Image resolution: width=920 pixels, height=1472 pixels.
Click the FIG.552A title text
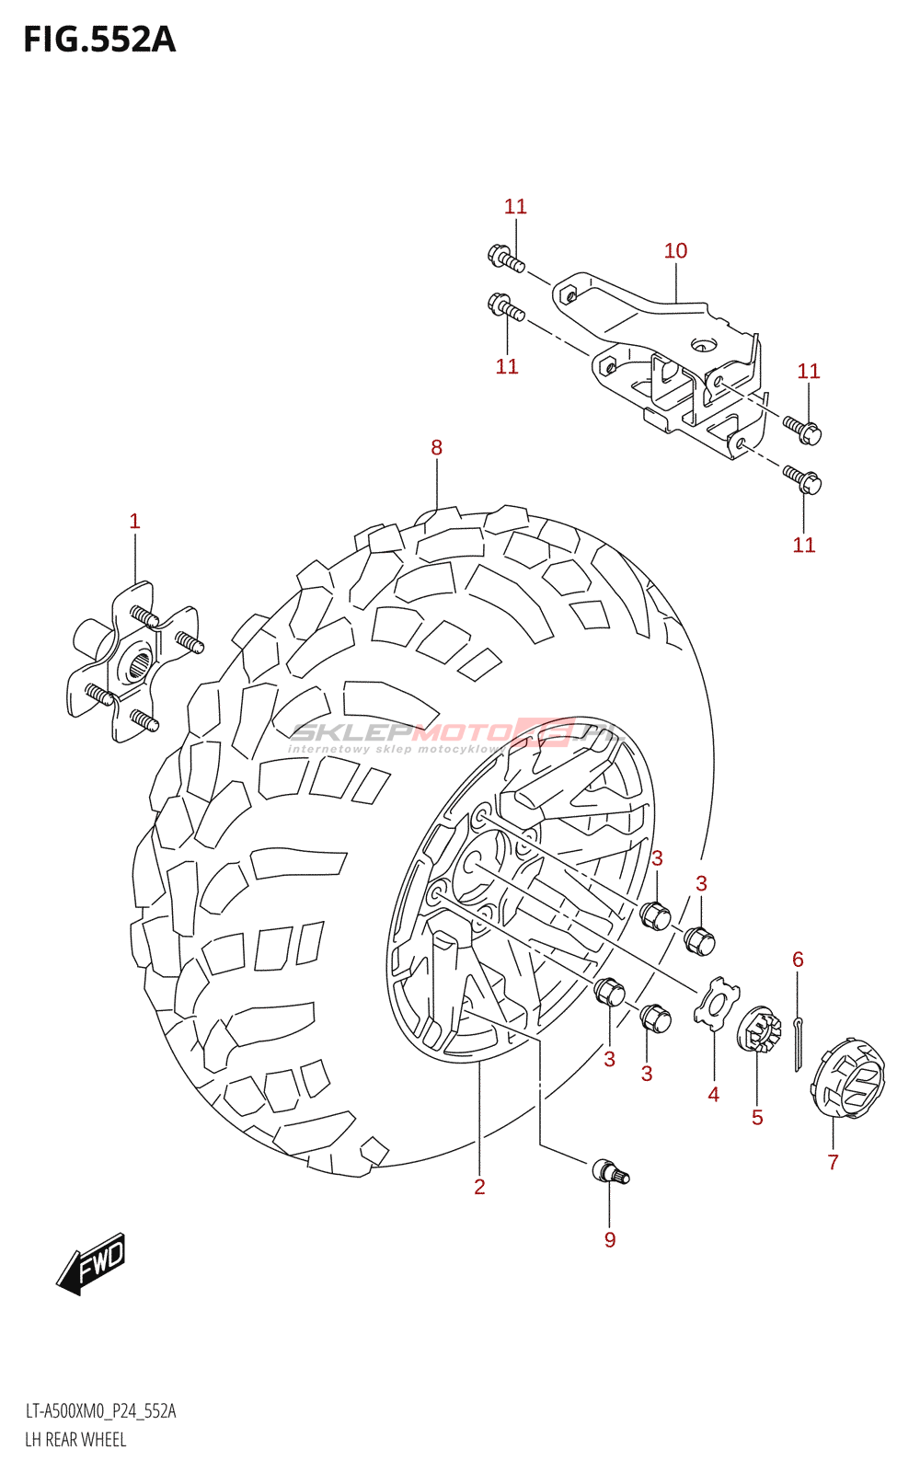(99, 40)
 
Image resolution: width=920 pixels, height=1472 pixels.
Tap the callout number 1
(134, 522)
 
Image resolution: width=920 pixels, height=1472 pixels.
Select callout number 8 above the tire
(436, 448)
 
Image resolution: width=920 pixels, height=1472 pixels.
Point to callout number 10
(675, 251)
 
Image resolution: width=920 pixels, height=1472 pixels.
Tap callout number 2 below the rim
(479, 1187)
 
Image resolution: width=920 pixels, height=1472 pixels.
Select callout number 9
(610, 1240)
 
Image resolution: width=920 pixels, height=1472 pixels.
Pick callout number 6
(798, 960)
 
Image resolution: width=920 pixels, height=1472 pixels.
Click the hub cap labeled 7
(848, 1078)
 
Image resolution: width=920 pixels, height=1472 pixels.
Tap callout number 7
(833, 1162)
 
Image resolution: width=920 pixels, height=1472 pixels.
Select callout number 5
(757, 1118)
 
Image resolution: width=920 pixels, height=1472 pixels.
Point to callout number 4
(713, 1095)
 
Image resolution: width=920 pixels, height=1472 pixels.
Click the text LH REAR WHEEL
(75, 1440)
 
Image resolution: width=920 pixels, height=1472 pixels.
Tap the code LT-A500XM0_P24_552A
(100, 1411)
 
